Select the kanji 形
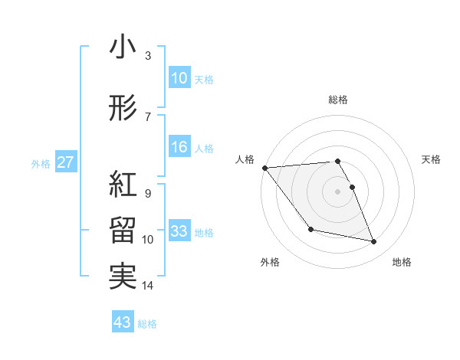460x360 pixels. [x=123, y=110]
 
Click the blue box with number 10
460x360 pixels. [x=179, y=78]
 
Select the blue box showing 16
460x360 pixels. [x=179, y=148]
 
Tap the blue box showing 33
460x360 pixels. [x=179, y=231]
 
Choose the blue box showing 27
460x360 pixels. [x=66, y=162]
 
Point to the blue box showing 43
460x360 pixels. [x=123, y=322]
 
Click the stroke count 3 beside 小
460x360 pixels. [x=147, y=57]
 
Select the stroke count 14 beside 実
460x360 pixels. [x=147, y=286]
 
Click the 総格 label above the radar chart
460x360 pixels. [x=338, y=100]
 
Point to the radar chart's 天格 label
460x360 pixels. [x=432, y=159]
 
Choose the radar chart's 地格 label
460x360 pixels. [x=402, y=262]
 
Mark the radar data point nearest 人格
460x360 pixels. [x=264, y=168]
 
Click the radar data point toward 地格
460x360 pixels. [x=374, y=242]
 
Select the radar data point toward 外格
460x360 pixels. [x=310, y=229]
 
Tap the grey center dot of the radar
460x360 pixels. [x=338, y=191]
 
